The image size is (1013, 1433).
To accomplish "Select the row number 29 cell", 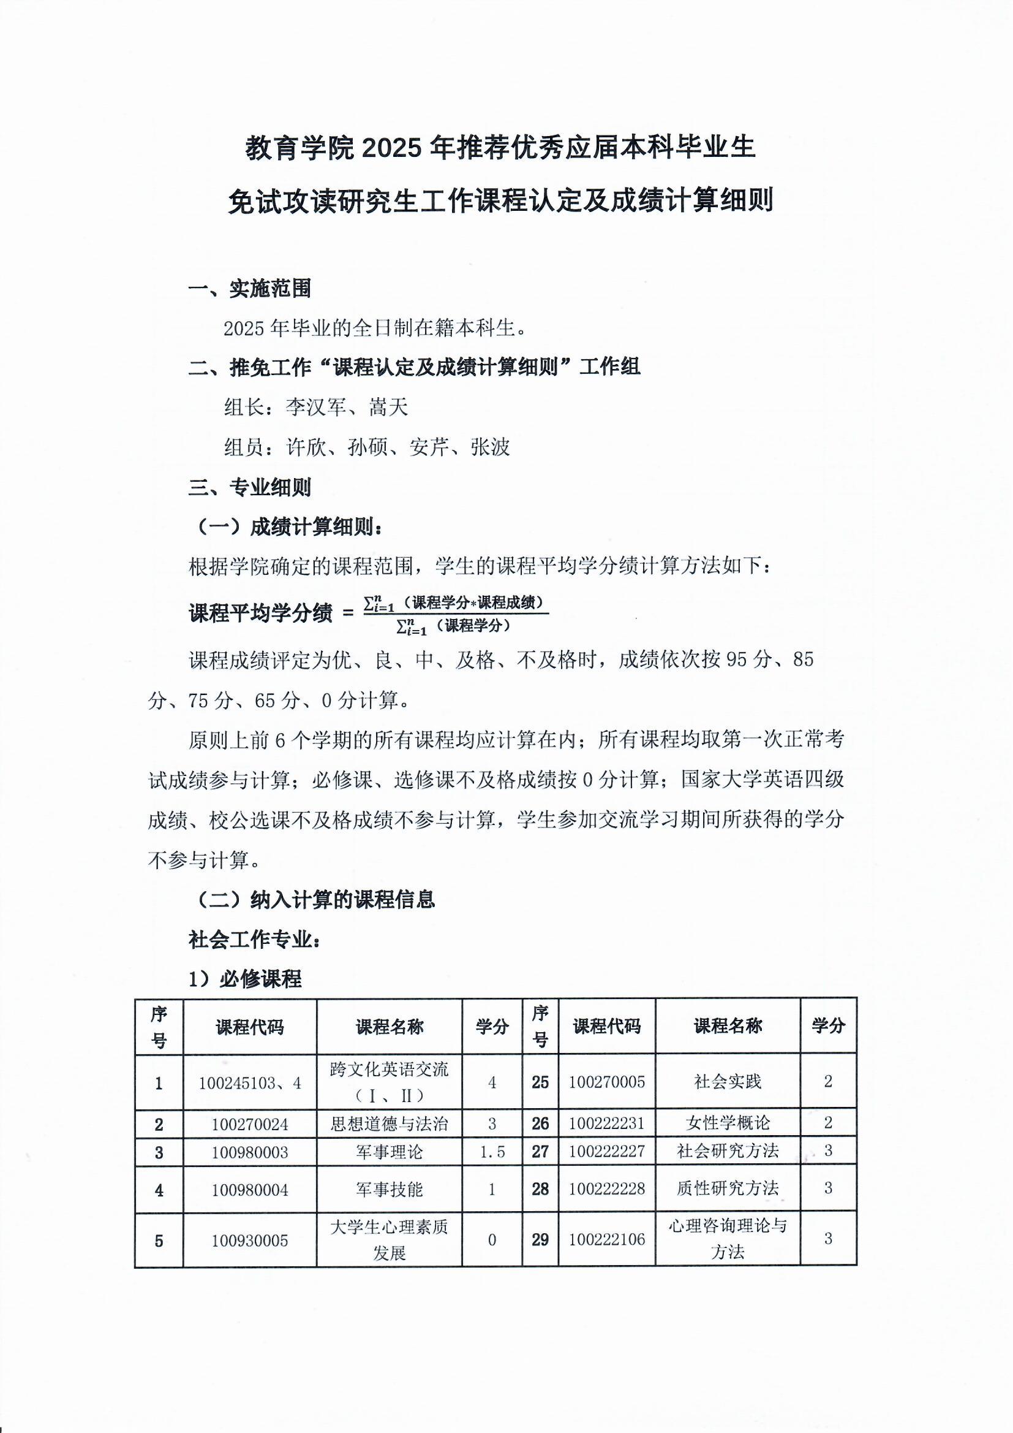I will point(540,1239).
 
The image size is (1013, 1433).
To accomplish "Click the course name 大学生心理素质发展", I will point(390,1239).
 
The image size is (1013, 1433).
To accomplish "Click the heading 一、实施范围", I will point(249,288).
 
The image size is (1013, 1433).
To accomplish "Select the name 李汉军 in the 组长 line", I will point(315,408).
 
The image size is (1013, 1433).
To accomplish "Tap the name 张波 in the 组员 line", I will point(491,447).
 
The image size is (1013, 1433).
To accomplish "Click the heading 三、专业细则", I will point(249,487).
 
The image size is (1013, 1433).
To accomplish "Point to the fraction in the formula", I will point(455,614).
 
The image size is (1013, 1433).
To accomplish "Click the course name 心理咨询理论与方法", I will point(728,1239).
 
